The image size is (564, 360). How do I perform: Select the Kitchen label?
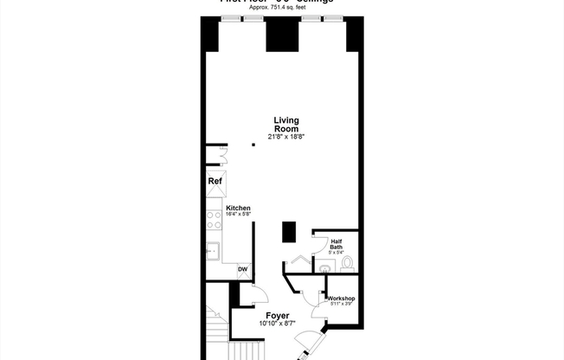pyautogui.click(x=238, y=208)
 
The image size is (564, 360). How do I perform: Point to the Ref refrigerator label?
pyautogui.click(x=215, y=182)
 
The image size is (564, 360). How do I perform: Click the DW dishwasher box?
pyautogui.click(x=243, y=270)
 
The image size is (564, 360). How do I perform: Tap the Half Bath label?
pyautogui.click(x=336, y=244)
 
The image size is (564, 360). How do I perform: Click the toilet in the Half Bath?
pyautogui.click(x=348, y=261)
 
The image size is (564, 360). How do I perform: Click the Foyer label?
pyautogui.click(x=277, y=316)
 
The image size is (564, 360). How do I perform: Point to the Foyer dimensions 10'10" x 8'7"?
pyautogui.click(x=277, y=325)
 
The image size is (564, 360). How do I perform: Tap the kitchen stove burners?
pyautogui.click(x=213, y=219)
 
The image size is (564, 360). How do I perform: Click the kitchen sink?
pyautogui.click(x=213, y=251)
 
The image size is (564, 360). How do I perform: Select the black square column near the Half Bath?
pyautogui.click(x=289, y=232)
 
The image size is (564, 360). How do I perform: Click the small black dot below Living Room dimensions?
pyautogui.click(x=253, y=145)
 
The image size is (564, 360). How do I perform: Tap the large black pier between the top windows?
pyautogui.click(x=282, y=35)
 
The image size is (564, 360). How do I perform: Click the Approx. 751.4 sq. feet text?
pyautogui.click(x=279, y=7)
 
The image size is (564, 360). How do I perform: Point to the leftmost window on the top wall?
pyautogui.click(x=230, y=18)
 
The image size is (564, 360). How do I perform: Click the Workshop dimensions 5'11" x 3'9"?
pyautogui.click(x=341, y=305)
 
